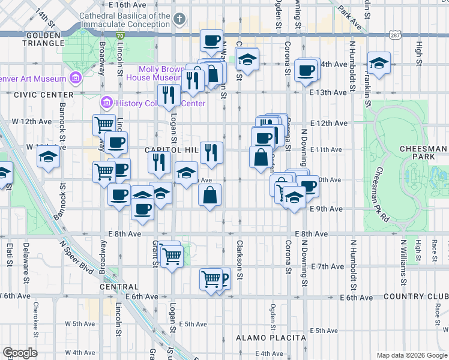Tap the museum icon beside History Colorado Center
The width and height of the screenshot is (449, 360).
pyautogui.click(x=107, y=103)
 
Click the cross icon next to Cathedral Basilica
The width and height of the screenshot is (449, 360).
pyautogui.click(x=179, y=20)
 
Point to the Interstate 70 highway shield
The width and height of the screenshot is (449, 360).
pyautogui.click(x=121, y=37)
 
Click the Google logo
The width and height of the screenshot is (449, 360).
pyautogui.click(x=20, y=353)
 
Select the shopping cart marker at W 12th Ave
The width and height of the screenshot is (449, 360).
pyautogui.click(x=104, y=124)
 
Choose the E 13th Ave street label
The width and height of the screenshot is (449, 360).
pyautogui.click(x=328, y=92)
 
